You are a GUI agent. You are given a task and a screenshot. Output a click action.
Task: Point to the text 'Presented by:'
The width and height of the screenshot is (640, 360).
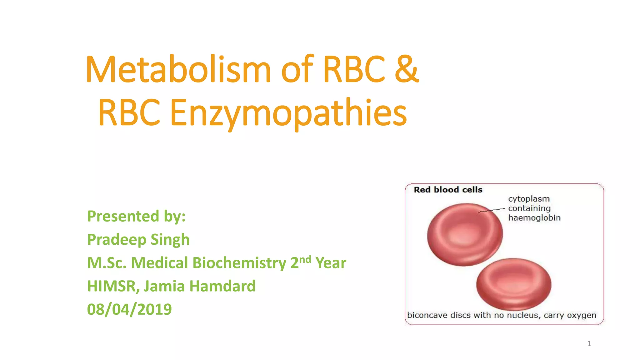[x=136, y=216]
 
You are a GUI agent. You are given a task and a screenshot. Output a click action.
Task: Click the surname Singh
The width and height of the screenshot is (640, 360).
[x=170, y=240]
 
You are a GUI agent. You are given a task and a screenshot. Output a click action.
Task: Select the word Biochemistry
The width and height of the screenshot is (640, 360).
[x=239, y=263]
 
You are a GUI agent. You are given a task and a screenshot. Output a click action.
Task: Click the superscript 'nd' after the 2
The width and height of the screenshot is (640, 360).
[x=305, y=259]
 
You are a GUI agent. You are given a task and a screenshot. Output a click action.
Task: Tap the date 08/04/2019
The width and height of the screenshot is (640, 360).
[x=129, y=309]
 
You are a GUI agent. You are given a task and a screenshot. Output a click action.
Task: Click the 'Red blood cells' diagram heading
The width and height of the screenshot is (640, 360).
[x=448, y=190]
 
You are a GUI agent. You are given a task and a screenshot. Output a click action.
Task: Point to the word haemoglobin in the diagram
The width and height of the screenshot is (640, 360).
[x=534, y=218]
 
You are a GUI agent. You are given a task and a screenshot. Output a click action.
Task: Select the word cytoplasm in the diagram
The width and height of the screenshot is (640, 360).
[x=529, y=199]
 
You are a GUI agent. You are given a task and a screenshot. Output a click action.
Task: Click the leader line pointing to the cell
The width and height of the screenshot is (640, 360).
[x=492, y=210]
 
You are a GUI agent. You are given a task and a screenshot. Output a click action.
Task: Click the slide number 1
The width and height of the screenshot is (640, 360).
[x=589, y=344]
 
